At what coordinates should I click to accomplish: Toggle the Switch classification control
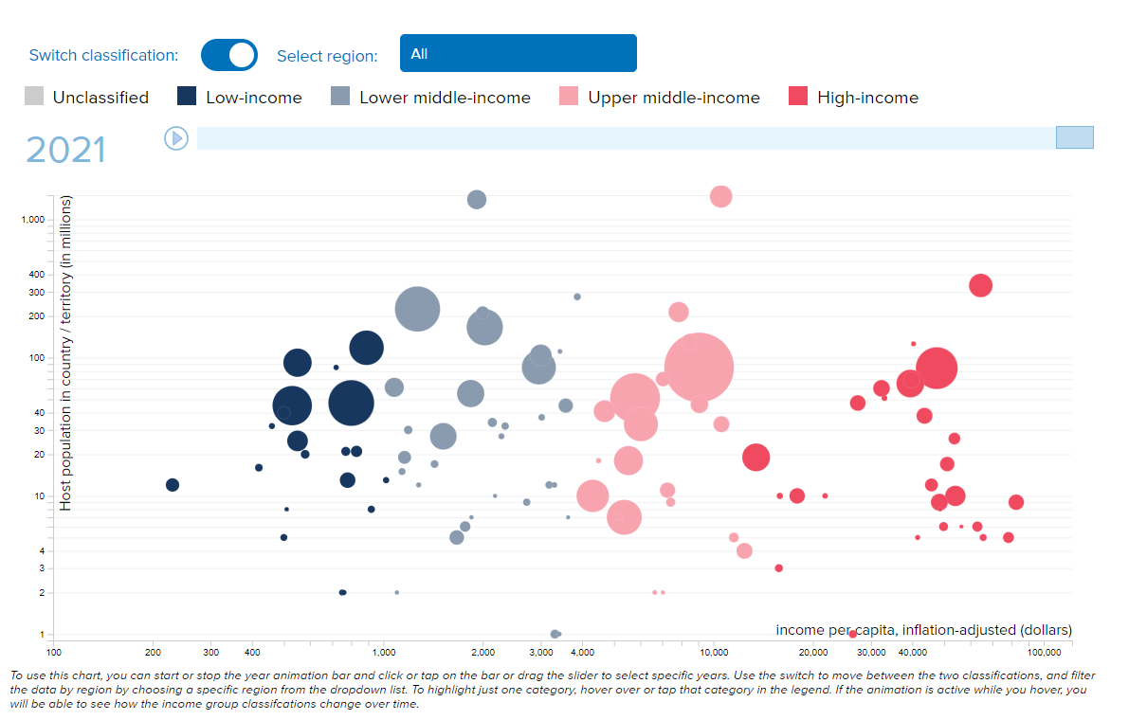(x=229, y=55)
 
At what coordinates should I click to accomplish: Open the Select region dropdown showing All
(x=518, y=53)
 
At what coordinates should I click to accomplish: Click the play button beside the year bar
(x=176, y=138)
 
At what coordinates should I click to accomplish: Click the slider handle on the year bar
(x=1074, y=137)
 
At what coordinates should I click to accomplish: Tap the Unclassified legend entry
(x=86, y=97)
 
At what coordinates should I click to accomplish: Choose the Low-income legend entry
(x=240, y=97)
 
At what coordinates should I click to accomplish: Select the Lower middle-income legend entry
(x=430, y=97)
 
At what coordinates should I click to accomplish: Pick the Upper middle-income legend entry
(x=660, y=97)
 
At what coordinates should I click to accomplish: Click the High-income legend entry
(x=853, y=97)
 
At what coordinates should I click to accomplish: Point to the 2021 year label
(x=65, y=151)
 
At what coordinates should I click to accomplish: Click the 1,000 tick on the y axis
(x=34, y=220)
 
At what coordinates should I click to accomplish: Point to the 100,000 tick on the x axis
(x=1044, y=653)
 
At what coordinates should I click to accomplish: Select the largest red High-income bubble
(x=937, y=368)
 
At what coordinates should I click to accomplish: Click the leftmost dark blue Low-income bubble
(x=173, y=485)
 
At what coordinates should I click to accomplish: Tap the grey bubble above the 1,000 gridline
(x=477, y=199)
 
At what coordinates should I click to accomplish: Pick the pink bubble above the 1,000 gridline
(x=720, y=196)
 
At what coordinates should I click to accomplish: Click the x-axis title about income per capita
(x=923, y=630)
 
